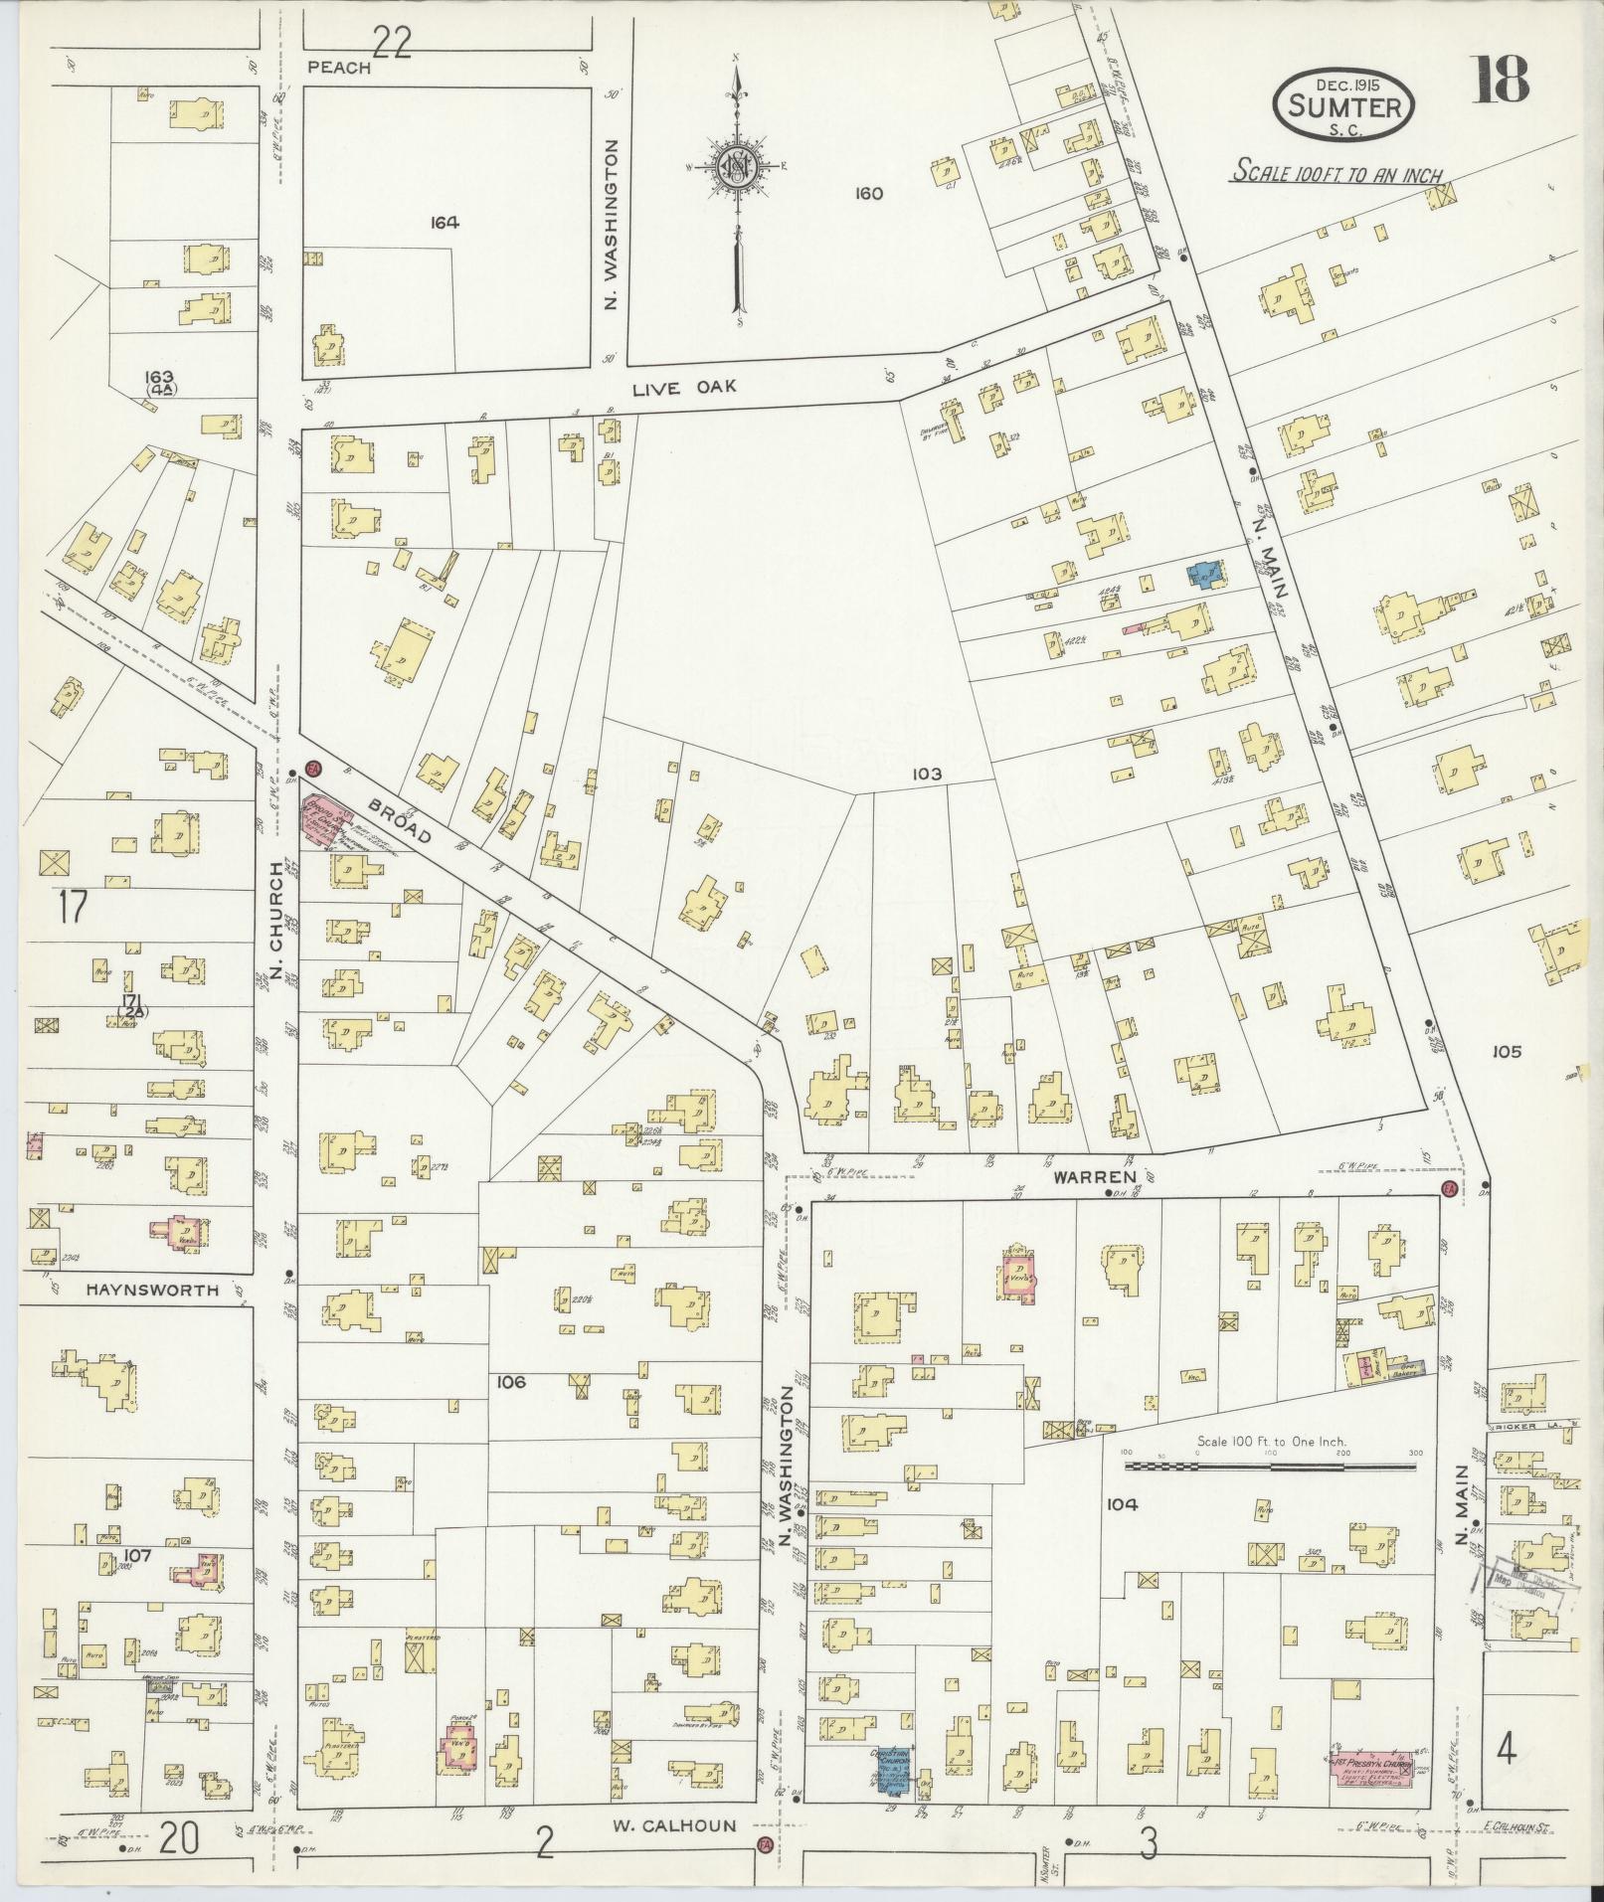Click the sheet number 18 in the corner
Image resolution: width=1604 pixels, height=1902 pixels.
coord(1501,80)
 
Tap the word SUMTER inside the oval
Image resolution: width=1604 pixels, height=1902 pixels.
coord(1343,105)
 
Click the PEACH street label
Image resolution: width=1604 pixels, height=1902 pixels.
coord(338,68)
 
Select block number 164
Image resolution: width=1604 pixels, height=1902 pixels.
coord(445,223)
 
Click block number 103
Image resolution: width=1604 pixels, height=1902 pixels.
coord(924,773)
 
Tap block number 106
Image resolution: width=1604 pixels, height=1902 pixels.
coord(511,1381)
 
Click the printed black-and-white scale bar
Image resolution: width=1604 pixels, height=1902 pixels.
coord(1271,1466)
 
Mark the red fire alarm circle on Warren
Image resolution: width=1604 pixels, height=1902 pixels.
coord(1448,1189)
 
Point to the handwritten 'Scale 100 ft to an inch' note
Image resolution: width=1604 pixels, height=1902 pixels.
coord(1337,172)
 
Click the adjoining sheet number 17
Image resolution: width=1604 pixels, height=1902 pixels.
coord(73,906)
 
